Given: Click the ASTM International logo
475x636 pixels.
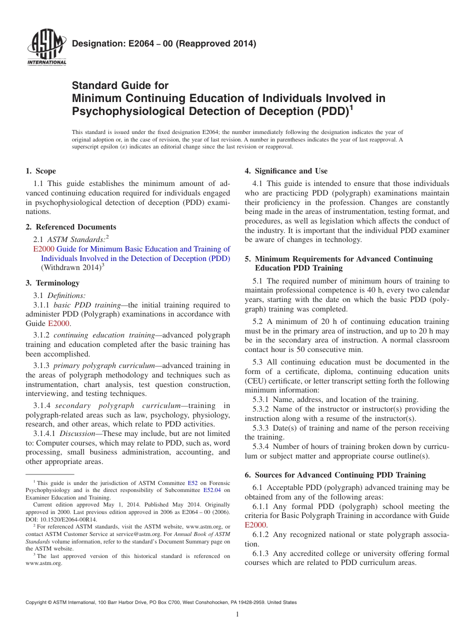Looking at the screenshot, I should point(46,48).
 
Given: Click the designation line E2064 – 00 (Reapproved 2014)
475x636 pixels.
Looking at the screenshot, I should point(164,43).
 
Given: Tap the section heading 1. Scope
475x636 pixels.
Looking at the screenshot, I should point(41,171).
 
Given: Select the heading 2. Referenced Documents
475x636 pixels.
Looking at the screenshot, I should point(71,227).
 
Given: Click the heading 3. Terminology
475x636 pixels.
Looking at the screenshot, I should point(52,283).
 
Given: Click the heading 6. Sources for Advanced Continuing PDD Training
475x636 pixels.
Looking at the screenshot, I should point(335,475).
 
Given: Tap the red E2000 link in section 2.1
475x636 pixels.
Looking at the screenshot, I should point(43,249).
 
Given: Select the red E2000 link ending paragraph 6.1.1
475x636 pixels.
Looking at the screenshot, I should point(255,525).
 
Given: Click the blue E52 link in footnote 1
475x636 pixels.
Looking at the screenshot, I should point(192,483).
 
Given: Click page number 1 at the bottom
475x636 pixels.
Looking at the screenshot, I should point(237,614).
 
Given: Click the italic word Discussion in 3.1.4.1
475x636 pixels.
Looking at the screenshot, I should point(75,433).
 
